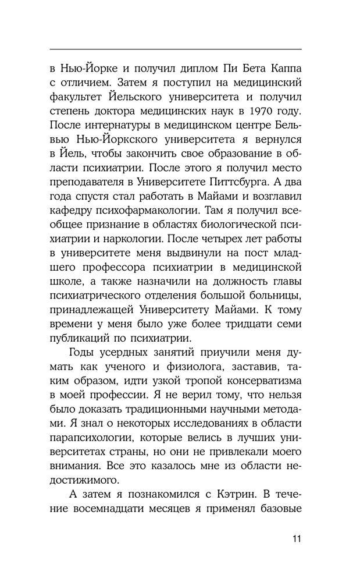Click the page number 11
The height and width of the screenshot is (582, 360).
(x=296, y=537)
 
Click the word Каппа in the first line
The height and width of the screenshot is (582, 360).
(x=283, y=66)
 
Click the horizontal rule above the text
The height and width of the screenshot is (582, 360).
(x=176, y=49)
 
